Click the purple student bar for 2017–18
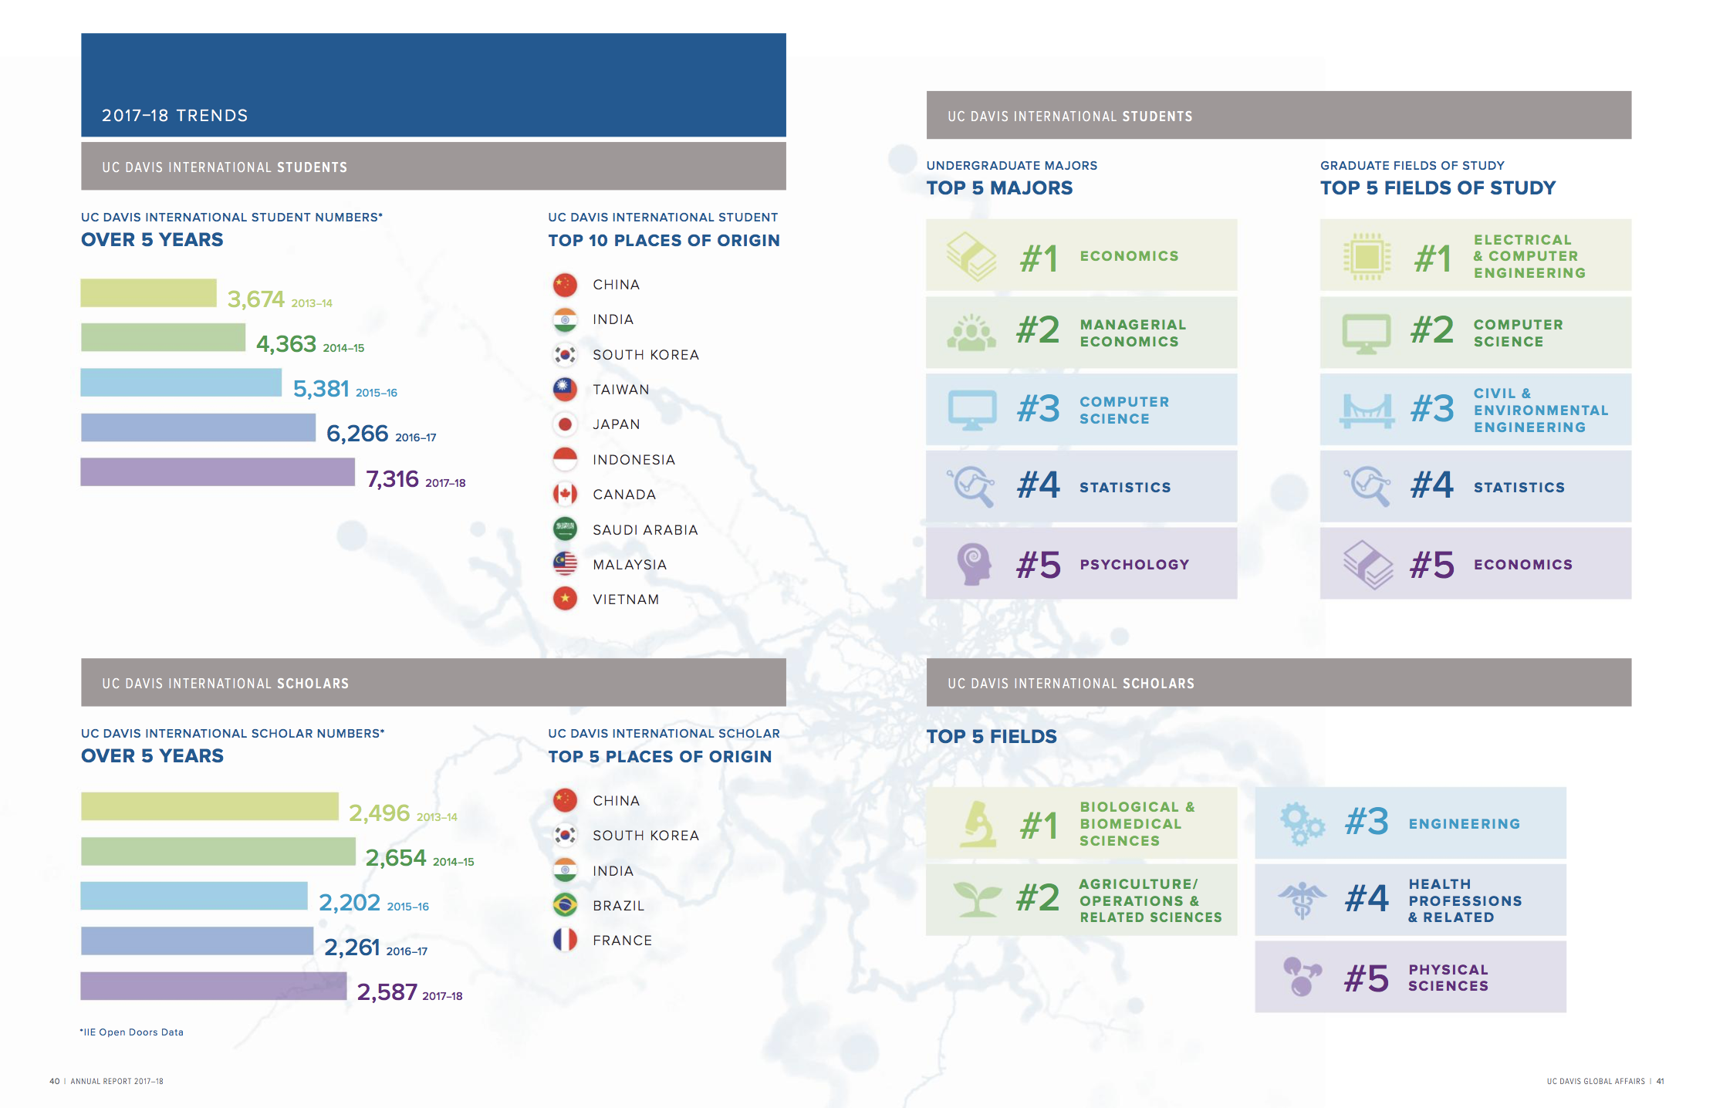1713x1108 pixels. [218, 472]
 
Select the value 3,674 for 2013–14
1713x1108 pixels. [256, 299]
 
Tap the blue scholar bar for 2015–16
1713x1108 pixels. [194, 896]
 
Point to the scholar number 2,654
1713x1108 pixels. [396, 857]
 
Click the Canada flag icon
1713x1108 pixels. [565, 495]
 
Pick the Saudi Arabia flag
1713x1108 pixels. [565, 529]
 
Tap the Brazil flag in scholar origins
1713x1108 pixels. [565, 905]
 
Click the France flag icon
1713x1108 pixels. [565, 940]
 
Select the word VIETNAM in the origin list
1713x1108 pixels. [626, 600]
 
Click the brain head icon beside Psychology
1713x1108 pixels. [974, 564]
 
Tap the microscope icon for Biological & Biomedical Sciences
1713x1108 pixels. [978, 824]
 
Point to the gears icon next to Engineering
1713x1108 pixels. [1302, 824]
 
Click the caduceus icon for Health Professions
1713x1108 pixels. [1302, 900]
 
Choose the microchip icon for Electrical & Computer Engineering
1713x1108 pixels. [1367, 256]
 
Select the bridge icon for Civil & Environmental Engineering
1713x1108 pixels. [1367, 410]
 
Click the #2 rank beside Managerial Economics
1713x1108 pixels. [1038, 330]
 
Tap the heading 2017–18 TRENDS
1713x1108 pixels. [175, 116]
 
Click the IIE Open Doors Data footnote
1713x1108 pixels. [132, 1032]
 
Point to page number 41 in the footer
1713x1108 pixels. [1661, 1081]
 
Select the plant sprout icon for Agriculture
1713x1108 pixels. [978, 899]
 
